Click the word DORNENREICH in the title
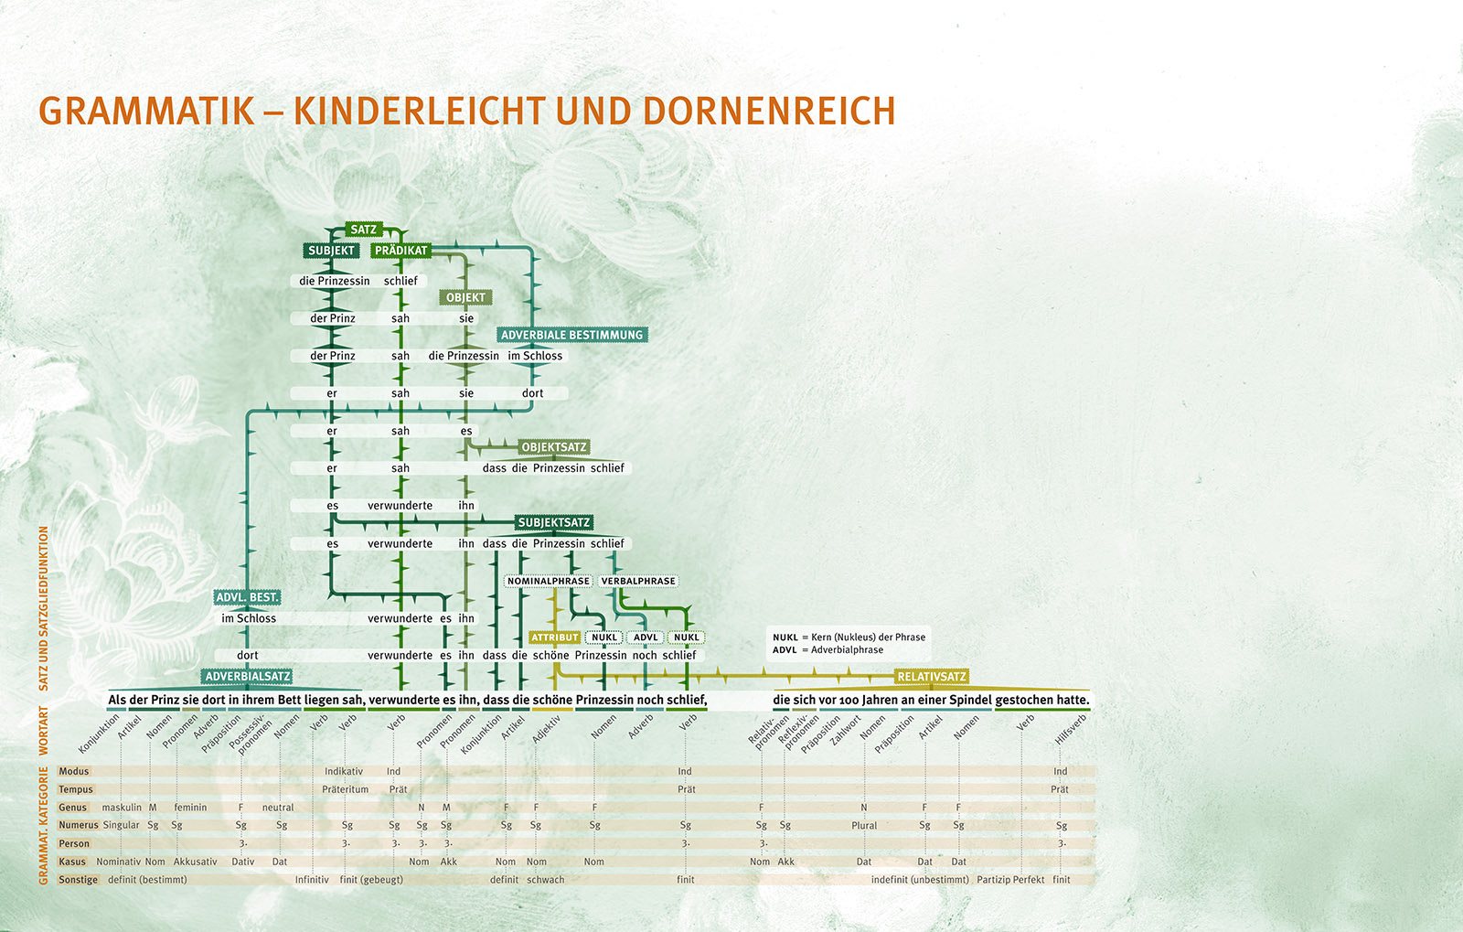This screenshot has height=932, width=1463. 769,111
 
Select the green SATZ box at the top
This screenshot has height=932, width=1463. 363,230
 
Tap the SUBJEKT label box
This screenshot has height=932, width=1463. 331,251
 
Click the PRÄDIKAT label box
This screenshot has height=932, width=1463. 400,251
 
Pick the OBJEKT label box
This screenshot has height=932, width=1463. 466,297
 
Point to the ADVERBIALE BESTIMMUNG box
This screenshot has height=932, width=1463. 571,335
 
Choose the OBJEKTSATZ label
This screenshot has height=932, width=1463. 554,447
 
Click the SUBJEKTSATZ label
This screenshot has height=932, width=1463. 554,522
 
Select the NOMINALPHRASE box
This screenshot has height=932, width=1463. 549,581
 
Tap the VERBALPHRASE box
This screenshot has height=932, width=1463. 638,581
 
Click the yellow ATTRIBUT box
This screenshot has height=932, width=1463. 555,637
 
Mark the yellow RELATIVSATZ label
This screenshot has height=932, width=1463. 932,677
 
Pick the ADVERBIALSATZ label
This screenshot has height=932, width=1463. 248,677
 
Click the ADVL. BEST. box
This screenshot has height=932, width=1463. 247,597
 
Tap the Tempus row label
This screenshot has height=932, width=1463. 76,789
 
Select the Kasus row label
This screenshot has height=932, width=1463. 72,862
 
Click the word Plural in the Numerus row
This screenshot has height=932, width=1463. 864,825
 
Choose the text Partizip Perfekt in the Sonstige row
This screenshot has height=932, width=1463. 1010,880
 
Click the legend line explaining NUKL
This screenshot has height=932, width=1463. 849,637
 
